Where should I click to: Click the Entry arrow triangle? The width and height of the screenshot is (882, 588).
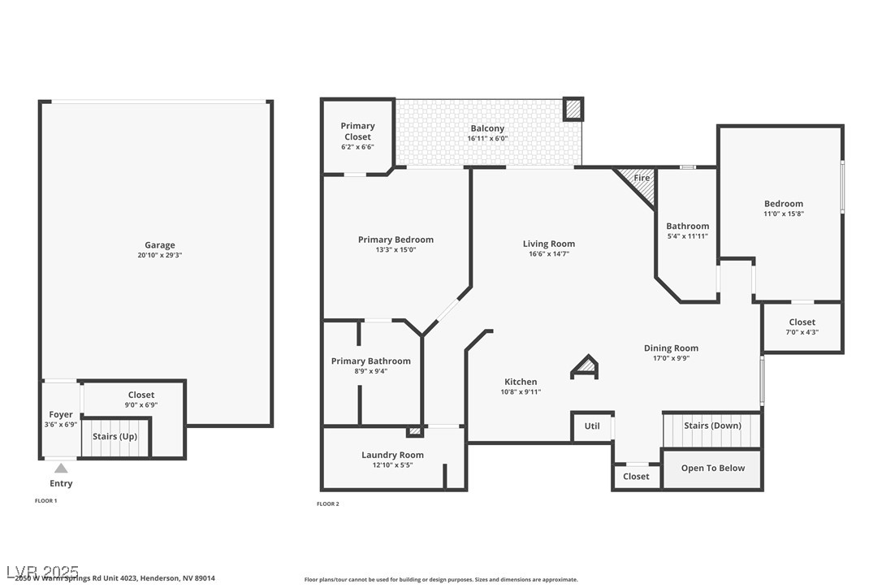61,468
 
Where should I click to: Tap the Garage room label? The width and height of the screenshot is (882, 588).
160,245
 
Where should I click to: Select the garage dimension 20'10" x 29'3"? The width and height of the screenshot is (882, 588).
160,256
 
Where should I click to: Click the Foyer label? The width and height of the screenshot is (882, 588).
61,414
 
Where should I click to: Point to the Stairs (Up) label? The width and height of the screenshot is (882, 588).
115,436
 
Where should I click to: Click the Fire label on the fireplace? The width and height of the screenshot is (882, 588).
642,178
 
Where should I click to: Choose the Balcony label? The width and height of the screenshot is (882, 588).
487,128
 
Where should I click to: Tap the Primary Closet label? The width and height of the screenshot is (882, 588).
357,132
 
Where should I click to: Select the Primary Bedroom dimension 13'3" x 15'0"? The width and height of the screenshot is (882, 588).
396,250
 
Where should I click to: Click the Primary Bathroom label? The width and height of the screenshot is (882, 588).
370,361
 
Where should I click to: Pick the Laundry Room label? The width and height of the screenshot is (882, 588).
392,455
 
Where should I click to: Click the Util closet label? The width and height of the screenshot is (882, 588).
592,426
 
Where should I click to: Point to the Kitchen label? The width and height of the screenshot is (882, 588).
521,382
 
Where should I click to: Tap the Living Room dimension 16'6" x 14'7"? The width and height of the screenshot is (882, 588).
549,254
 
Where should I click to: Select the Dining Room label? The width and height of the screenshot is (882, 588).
671,348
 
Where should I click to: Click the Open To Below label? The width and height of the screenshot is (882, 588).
713,469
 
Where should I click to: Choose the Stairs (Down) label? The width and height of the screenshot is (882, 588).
712,426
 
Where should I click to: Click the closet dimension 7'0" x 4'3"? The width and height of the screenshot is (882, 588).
802,332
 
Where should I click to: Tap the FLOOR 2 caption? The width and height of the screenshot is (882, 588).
328,504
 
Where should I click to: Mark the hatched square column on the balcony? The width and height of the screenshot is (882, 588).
573,109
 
